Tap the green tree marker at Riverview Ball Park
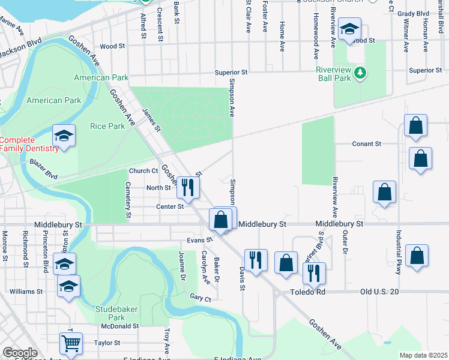(360, 73)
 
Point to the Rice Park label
(107, 126)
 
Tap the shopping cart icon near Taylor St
(71, 344)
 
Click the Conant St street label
(366, 144)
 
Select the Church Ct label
(143, 170)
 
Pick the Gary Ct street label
(200, 298)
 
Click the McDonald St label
(120, 326)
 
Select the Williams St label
(26, 292)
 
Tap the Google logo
(20, 353)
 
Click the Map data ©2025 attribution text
(423, 355)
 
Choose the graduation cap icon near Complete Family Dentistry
(63, 136)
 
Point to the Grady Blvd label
(430, 13)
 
